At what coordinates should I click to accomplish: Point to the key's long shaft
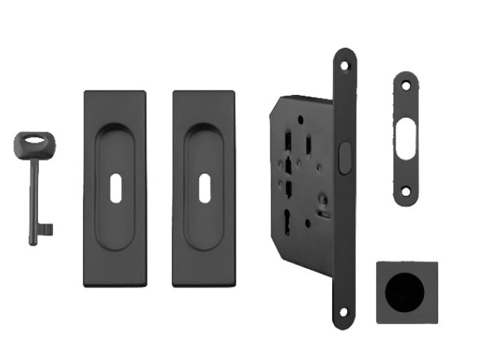tap(34, 194)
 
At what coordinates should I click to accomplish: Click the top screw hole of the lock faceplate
tap(345, 66)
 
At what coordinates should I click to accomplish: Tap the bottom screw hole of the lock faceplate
tap(344, 312)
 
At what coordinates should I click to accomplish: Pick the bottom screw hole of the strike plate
tap(405, 191)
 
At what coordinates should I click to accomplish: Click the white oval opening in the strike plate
tap(405, 137)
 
